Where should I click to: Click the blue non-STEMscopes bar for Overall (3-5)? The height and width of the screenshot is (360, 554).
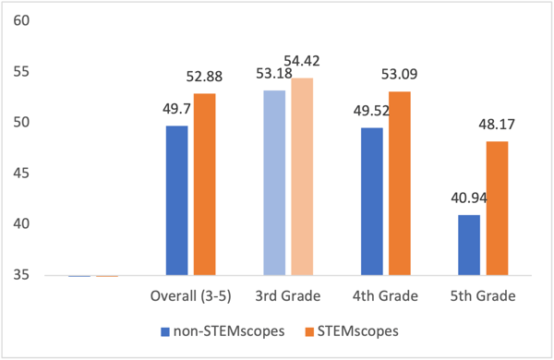(x=176, y=200)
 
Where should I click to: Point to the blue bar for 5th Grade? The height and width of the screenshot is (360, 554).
(x=470, y=245)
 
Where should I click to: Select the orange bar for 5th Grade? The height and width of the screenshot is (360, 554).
(x=497, y=208)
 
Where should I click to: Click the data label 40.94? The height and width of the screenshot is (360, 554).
(x=467, y=197)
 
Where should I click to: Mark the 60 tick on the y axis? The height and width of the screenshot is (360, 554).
(x=22, y=19)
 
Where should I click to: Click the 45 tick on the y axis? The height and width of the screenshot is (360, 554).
(x=22, y=173)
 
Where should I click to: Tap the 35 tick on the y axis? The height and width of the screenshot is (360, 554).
(x=22, y=275)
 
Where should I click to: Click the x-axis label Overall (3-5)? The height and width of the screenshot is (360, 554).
(x=189, y=296)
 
